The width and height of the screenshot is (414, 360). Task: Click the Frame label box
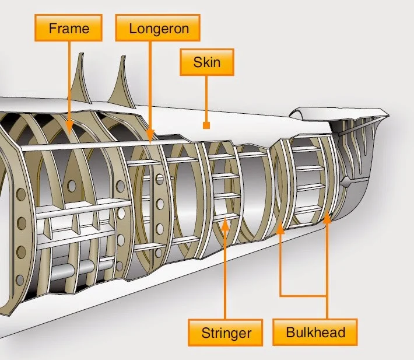(69, 28)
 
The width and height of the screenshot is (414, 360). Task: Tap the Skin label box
(207, 61)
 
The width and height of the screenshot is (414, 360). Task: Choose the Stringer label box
(226, 333)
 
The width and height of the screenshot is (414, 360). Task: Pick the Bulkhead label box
(315, 333)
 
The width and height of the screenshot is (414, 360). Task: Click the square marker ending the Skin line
(206, 125)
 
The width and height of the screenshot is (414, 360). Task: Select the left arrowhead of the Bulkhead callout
(280, 228)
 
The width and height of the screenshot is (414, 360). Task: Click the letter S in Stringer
(206, 333)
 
